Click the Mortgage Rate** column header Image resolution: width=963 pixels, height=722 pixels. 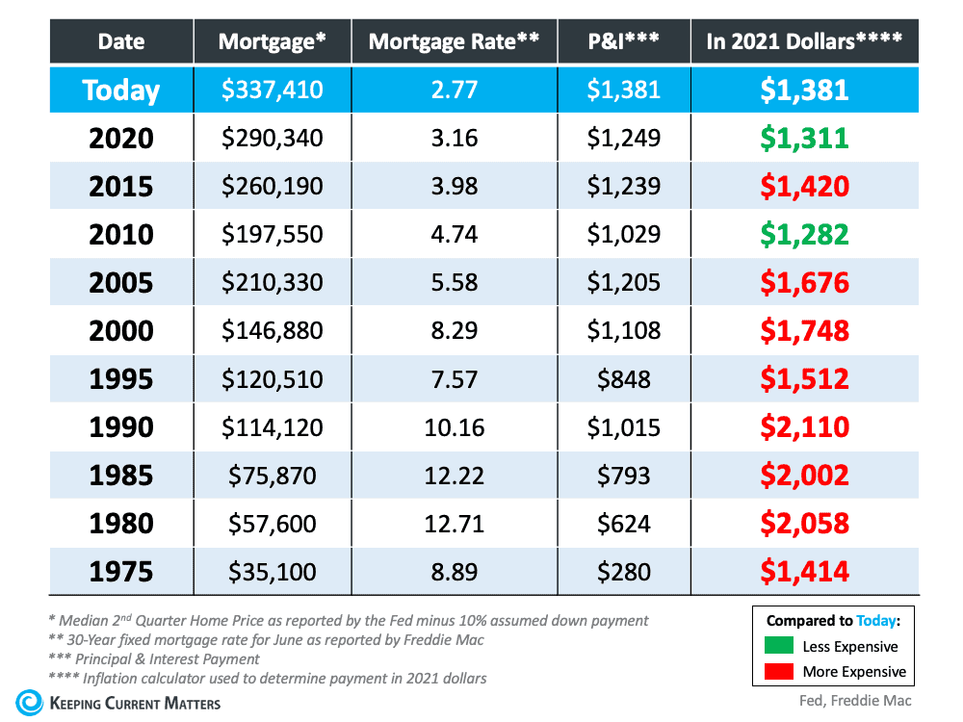pos(448,41)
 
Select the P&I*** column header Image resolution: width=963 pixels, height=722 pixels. pos(624,41)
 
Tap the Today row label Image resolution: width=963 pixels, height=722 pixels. pos(120,90)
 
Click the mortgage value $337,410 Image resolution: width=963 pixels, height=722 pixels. pos(273,90)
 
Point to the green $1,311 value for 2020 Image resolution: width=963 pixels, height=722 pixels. pos(804,139)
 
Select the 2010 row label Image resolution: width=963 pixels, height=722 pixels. pos(120,234)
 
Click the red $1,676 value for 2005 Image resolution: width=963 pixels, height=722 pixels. pos(804,282)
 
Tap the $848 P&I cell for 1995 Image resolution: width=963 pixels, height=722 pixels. pos(624,378)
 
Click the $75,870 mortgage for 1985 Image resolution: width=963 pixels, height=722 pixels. pos(273,475)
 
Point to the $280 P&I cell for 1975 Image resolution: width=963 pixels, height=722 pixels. pos(624,572)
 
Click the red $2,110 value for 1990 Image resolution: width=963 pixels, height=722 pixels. pos(804,426)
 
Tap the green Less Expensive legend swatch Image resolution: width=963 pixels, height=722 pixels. pos(779,646)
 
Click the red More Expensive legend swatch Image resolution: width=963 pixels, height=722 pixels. pos(779,671)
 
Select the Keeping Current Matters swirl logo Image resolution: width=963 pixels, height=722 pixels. pos(29,702)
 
